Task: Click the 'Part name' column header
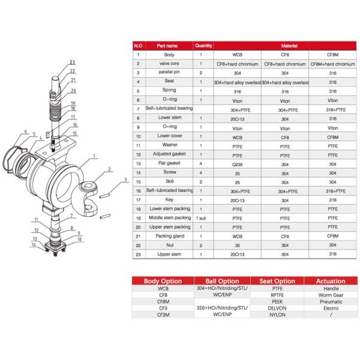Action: (167, 45)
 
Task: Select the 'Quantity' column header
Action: (202, 45)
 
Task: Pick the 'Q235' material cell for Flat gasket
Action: (236, 163)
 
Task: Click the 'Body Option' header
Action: (163, 281)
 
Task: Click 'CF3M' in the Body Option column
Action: (163, 314)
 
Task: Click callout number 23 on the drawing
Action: (72, 62)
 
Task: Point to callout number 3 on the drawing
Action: (125, 179)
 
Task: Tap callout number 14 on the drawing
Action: (34, 245)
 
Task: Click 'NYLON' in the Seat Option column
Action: (277, 314)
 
